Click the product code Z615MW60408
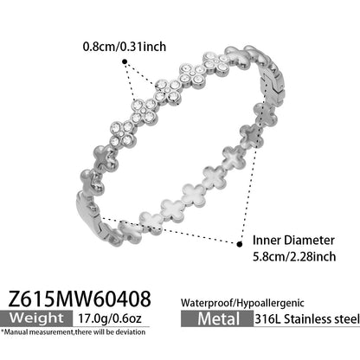(80, 299)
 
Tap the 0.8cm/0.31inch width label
(125, 47)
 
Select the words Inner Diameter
(293, 241)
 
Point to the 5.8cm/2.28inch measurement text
(294, 256)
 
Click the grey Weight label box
(36, 318)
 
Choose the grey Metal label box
(217, 319)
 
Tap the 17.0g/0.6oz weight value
(110, 318)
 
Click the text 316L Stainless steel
(307, 319)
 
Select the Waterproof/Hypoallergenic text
(242, 303)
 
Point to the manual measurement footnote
(73, 332)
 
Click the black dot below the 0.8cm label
(125, 61)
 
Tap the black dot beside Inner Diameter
(240, 244)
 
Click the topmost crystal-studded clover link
(216, 63)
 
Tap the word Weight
(36, 318)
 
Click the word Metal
(219, 319)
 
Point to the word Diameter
(310, 241)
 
